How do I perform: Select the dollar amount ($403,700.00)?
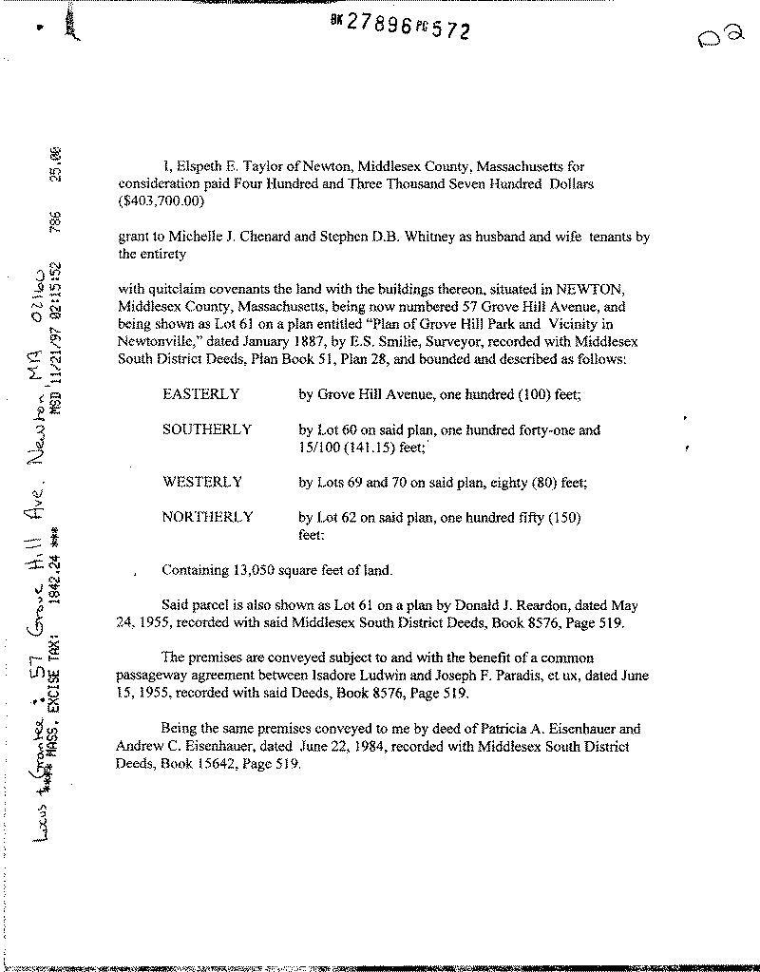tap(160, 201)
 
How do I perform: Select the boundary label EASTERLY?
tap(200, 393)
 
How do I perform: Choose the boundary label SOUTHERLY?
tap(206, 429)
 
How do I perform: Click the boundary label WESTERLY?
tap(202, 482)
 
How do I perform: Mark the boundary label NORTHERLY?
tap(207, 518)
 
